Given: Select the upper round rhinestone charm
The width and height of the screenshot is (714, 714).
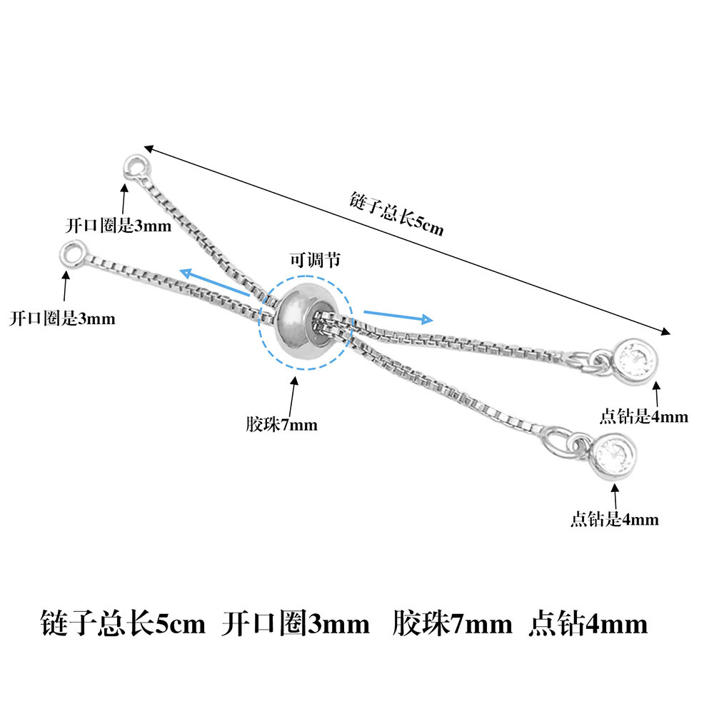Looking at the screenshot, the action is (x=635, y=358).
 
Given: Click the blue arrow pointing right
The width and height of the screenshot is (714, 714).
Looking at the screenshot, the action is (x=398, y=317).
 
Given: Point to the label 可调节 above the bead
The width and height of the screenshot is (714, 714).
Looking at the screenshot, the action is (x=315, y=260).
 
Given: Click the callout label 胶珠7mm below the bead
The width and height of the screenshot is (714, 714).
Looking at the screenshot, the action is (x=281, y=424).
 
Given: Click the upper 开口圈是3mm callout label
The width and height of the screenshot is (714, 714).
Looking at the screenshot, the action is (x=119, y=225).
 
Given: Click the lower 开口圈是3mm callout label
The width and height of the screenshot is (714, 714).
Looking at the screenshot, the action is (x=62, y=318).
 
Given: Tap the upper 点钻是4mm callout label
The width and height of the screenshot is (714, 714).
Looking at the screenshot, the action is (x=643, y=416).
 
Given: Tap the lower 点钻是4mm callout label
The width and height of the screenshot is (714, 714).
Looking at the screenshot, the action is (x=615, y=519).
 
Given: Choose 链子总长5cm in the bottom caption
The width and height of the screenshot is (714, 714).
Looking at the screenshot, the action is (x=123, y=623).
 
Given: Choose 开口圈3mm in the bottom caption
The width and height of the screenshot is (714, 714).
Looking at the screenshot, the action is (x=296, y=623).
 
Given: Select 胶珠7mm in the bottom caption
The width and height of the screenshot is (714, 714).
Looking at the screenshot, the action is (x=452, y=623).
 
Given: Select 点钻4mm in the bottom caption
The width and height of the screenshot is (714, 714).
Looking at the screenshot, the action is (x=588, y=623).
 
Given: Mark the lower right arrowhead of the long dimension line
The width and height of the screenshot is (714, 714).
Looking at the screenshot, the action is (x=670, y=333).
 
